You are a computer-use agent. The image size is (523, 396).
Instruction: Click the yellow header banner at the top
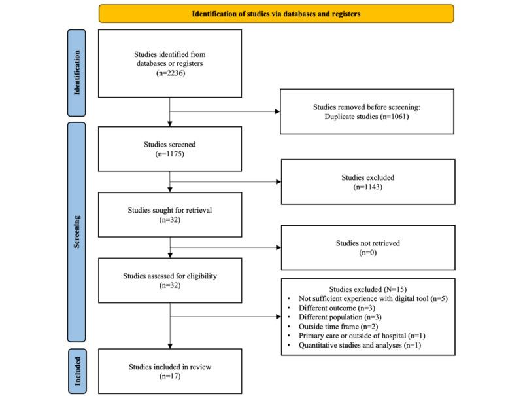click(x=276, y=14)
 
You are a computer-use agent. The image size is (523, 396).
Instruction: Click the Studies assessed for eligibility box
click(x=169, y=281)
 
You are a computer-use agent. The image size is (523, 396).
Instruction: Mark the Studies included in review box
click(x=169, y=371)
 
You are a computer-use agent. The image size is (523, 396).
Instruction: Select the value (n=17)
click(x=169, y=376)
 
